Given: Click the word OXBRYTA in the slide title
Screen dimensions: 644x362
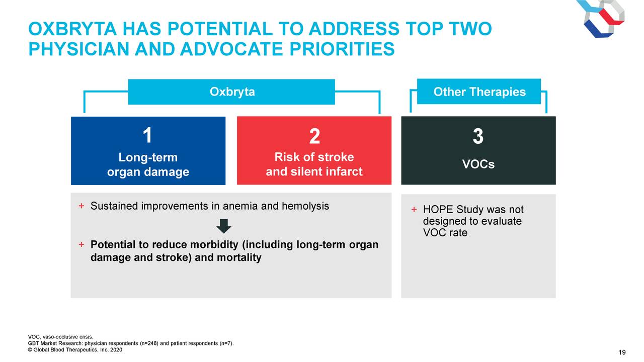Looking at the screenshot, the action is [72, 29].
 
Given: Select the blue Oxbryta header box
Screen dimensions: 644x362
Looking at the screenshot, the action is [231, 92].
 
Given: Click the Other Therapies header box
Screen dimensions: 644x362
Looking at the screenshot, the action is [479, 92].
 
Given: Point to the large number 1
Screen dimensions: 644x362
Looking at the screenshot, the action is [147, 135].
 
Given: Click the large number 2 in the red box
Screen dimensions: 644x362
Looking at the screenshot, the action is [314, 136].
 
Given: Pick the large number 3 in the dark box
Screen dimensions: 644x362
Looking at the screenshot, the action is [478, 136].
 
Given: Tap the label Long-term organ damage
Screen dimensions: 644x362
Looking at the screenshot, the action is [148, 164].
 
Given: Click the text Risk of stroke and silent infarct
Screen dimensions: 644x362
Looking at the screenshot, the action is [314, 164].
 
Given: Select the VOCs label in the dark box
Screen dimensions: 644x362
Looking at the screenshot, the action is [478, 164].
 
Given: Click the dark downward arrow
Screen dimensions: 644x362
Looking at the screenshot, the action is [224, 226].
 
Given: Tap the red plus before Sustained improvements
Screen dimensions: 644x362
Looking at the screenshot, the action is [82, 206].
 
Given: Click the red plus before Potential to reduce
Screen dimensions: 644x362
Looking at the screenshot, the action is [82, 244].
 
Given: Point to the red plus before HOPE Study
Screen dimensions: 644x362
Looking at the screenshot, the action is [414, 210].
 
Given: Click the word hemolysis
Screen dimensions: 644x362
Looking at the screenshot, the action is [305, 206].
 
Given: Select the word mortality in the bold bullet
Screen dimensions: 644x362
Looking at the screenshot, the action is [239, 258].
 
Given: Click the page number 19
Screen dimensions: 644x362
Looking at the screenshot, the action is [622, 352].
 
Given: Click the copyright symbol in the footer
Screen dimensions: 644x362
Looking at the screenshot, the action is [30, 350].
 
